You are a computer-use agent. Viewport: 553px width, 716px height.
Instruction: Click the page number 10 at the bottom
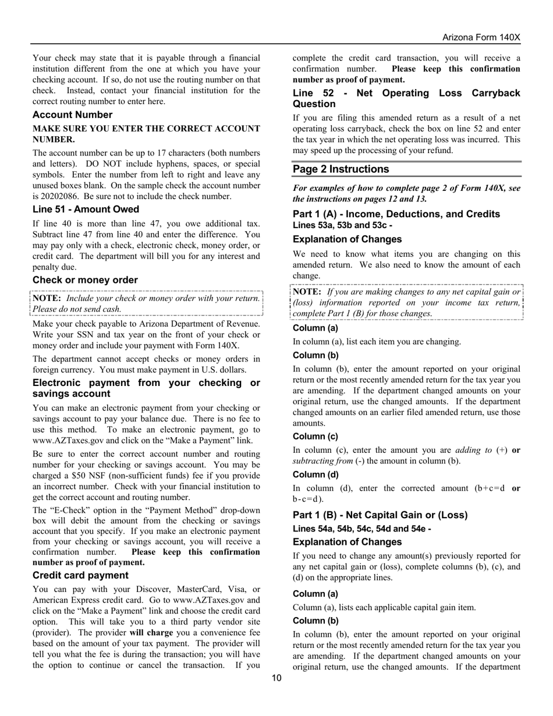pyautogui.click(x=276, y=678)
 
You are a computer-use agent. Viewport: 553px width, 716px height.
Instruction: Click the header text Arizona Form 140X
pyautogui.click(x=481, y=37)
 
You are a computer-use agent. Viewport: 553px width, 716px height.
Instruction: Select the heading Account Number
pyautogui.click(x=72, y=115)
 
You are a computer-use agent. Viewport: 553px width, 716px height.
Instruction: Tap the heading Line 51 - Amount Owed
pyautogui.click(x=86, y=209)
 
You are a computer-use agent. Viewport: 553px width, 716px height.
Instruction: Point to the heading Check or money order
pyautogui.click(x=85, y=280)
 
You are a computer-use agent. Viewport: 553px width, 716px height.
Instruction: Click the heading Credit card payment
pyautogui.click(x=80, y=575)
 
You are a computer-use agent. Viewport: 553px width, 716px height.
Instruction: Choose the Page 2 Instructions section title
pyautogui.click(x=341, y=169)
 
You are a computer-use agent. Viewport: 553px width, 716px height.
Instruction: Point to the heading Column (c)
pyautogui.click(x=315, y=437)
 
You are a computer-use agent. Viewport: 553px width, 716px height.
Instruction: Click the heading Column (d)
pyautogui.click(x=315, y=474)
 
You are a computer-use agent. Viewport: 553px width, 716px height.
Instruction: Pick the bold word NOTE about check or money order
pyautogui.click(x=47, y=298)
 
